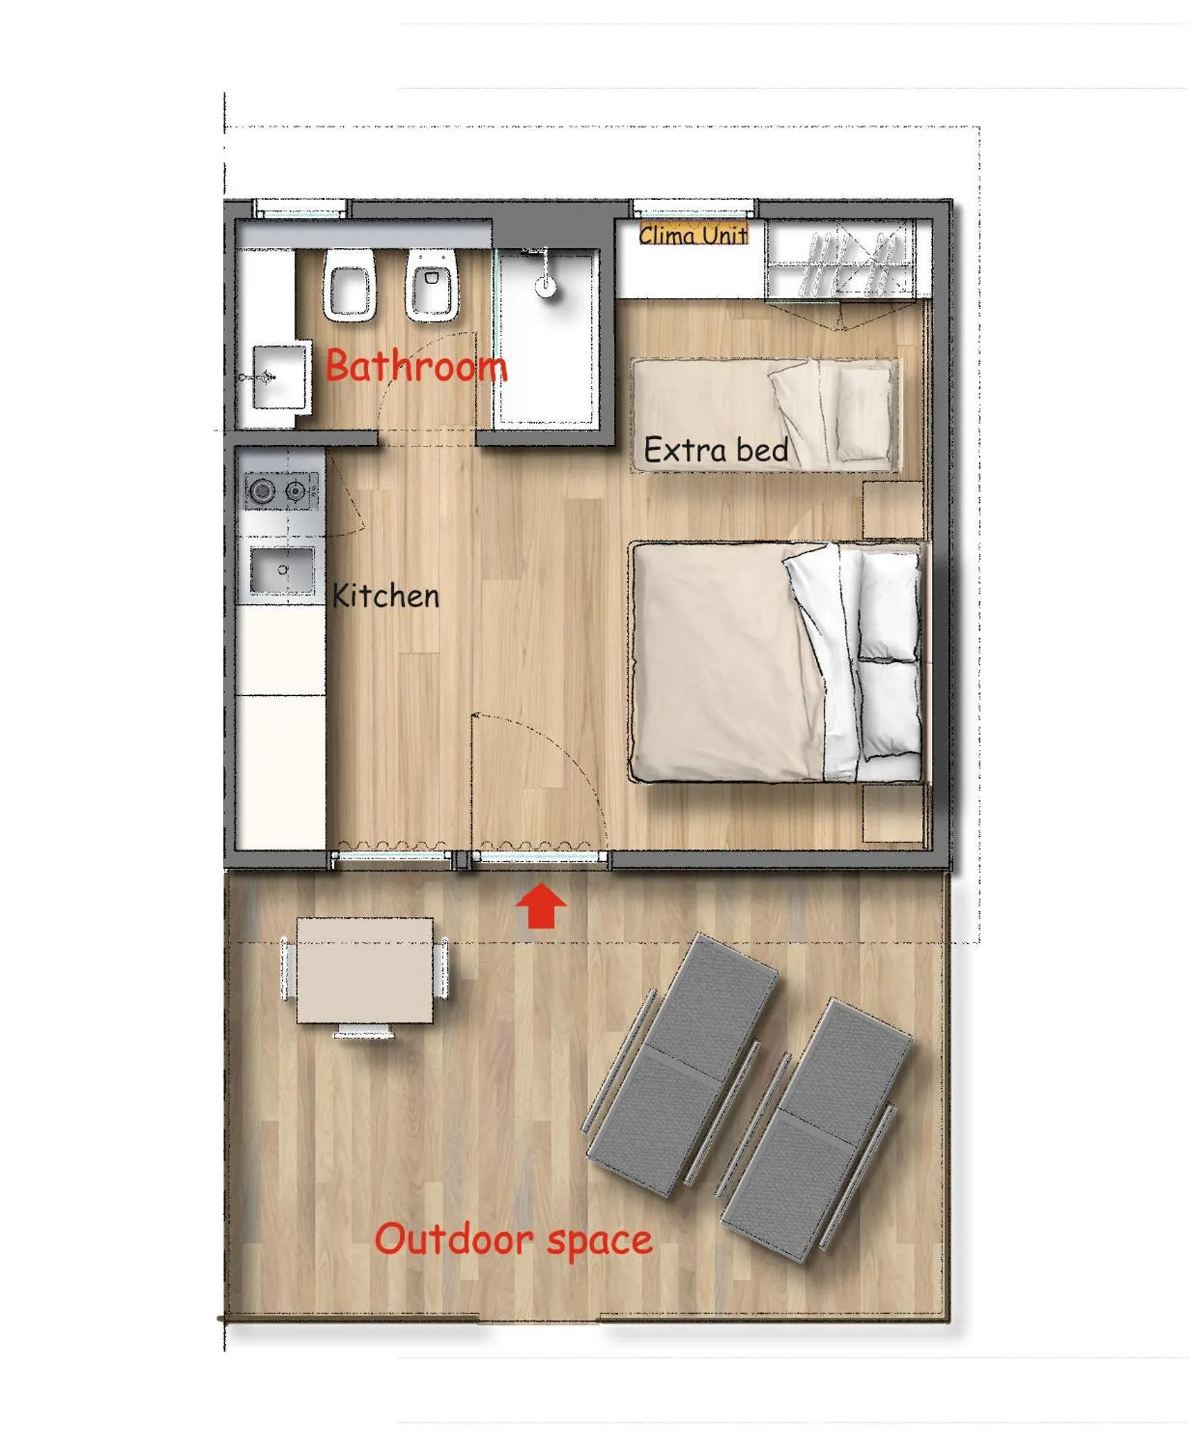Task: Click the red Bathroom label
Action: click(x=416, y=365)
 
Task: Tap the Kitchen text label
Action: click(x=386, y=596)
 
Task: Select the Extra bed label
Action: click(x=716, y=450)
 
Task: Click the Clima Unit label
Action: click(x=692, y=235)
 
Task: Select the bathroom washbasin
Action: click(x=279, y=377)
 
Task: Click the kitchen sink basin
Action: click(x=282, y=570)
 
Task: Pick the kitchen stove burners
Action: click(x=281, y=490)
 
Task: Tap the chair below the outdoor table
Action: click(x=364, y=1032)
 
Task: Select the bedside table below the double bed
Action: click(x=893, y=813)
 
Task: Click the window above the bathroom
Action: click(x=300, y=208)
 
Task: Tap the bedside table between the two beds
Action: click(x=893, y=510)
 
